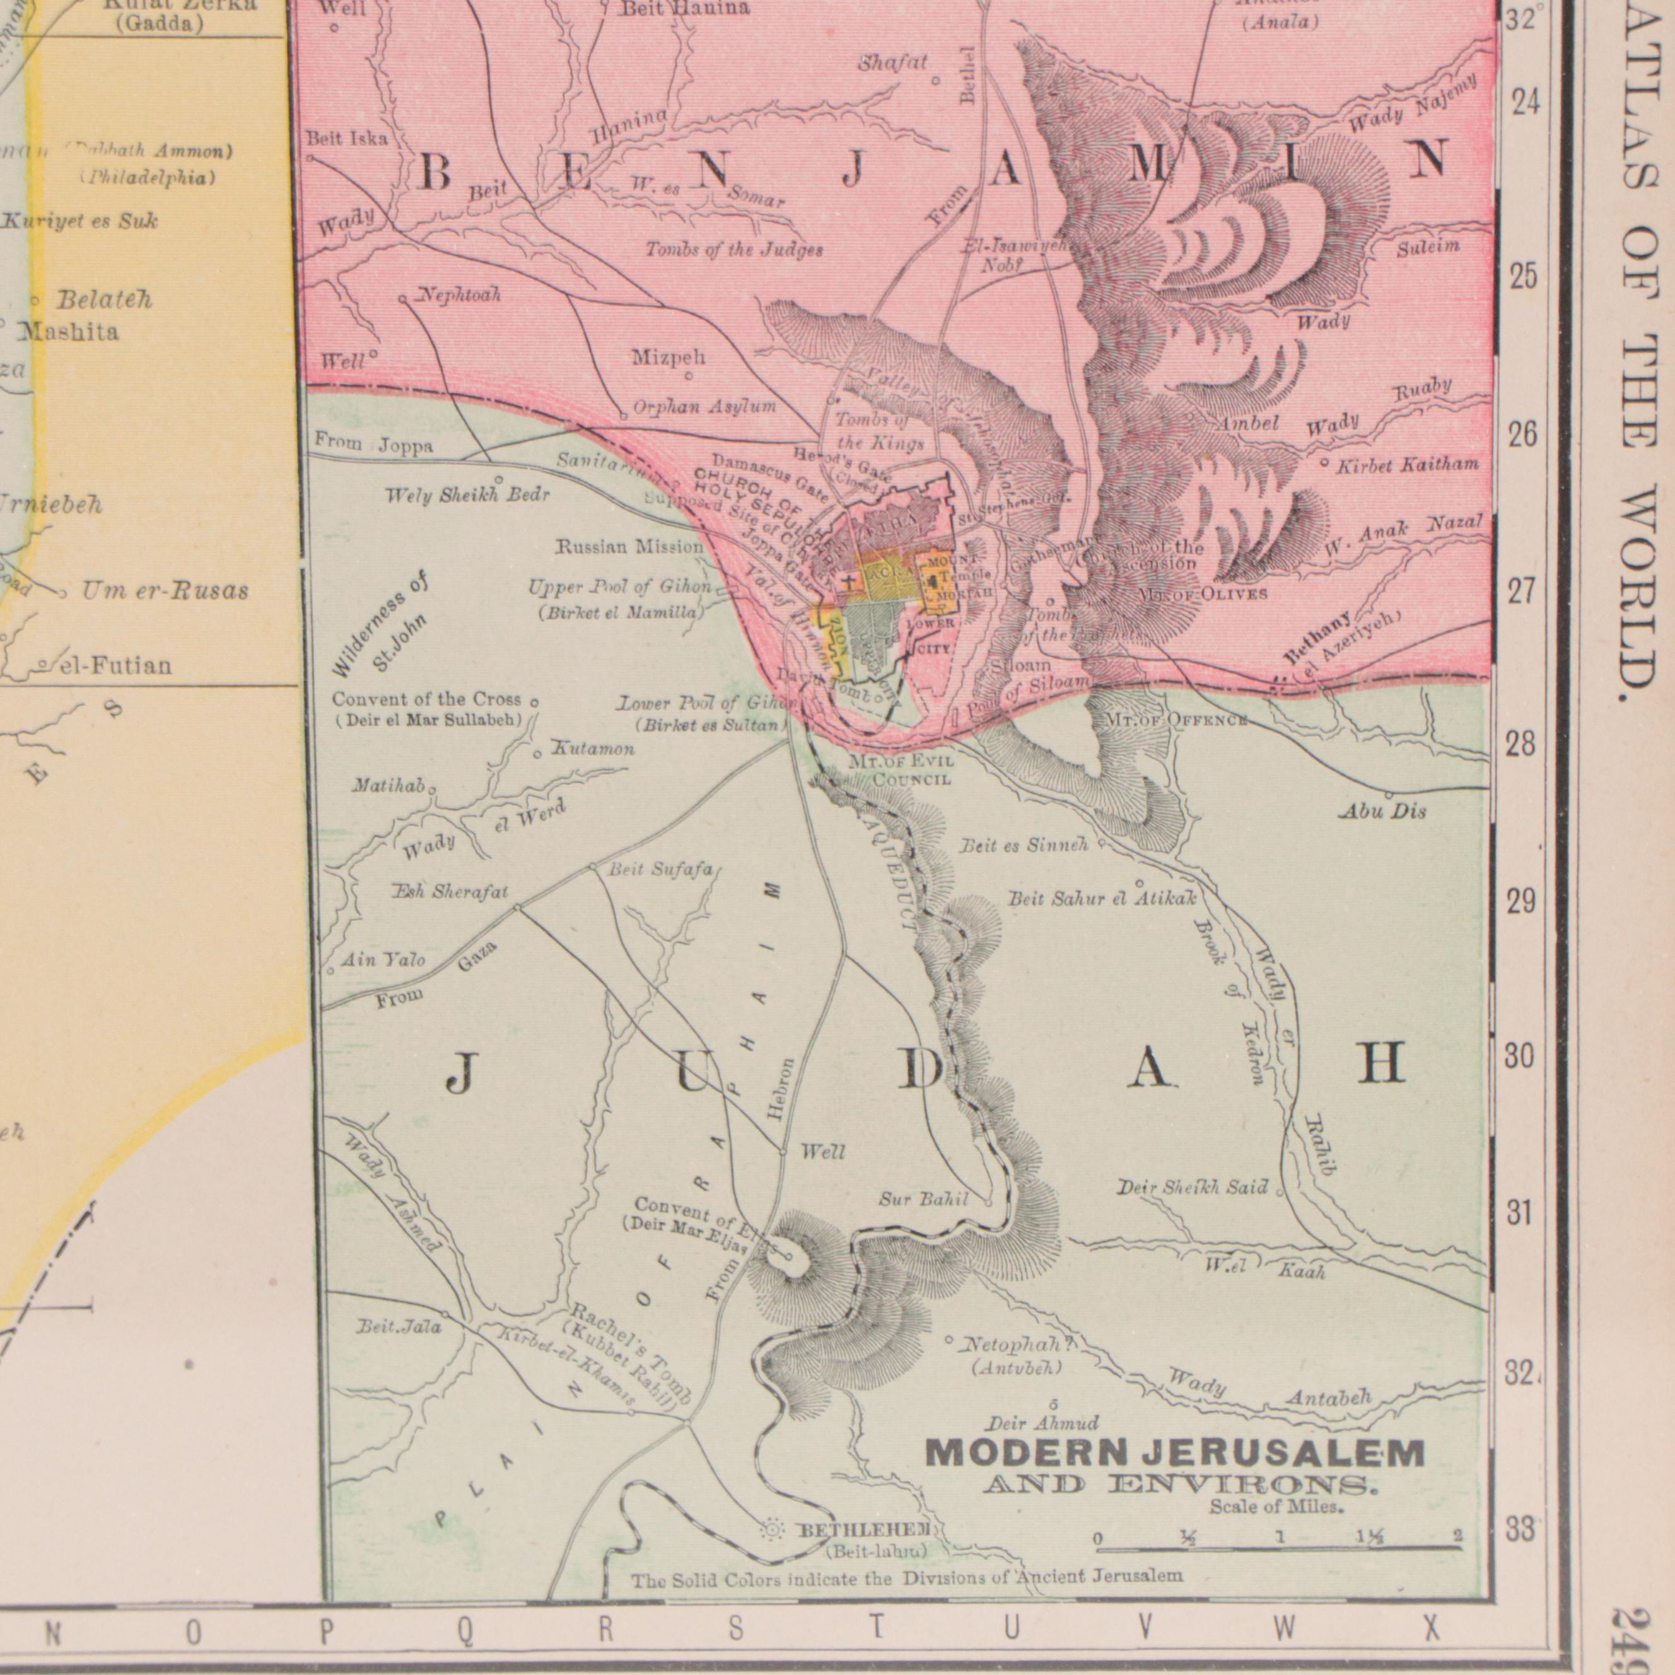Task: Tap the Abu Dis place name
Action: tap(1382, 812)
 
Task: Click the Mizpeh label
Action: tap(668, 357)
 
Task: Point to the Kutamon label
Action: tap(593, 748)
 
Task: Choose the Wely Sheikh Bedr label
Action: tap(467, 496)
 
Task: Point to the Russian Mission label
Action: tap(629, 547)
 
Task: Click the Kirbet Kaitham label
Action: tap(1406, 465)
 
